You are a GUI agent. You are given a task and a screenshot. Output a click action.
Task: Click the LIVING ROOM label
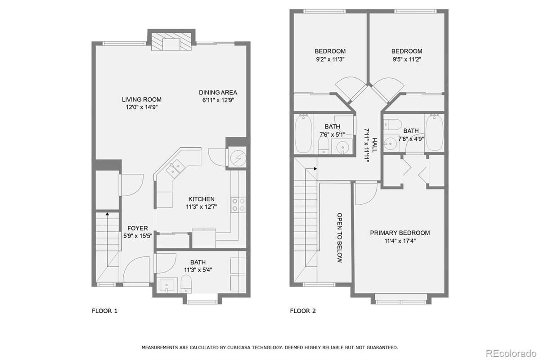point(142,99)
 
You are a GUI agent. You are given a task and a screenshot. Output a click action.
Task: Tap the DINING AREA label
point(218,93)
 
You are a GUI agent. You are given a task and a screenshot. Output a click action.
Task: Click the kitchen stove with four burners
point(238,205)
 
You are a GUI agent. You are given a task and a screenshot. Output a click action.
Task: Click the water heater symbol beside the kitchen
point(237,158)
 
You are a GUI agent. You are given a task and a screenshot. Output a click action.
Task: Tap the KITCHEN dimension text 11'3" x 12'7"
point(201,207)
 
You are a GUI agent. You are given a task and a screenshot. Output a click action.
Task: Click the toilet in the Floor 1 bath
point(186,284)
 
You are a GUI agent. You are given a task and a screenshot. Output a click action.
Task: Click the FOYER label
point(137,228)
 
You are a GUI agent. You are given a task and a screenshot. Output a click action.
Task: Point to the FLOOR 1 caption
point(104,310)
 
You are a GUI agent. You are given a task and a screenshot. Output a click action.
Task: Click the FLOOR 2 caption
point(303,310)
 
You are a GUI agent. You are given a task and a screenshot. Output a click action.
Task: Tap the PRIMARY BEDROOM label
point(400,233)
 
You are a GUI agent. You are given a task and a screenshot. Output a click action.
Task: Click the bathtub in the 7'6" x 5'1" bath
point(303,134)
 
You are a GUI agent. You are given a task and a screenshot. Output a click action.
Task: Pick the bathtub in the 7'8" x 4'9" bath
point(434,132)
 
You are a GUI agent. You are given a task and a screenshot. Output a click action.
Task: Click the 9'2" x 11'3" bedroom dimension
point(330,59)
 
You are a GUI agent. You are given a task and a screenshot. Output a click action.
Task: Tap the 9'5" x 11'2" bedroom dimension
point(407,59)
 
